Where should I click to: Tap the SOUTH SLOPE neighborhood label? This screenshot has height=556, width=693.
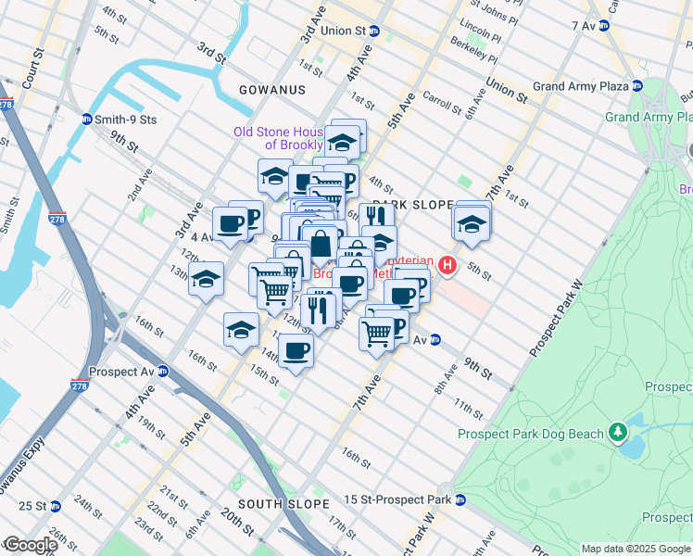click(283, 504)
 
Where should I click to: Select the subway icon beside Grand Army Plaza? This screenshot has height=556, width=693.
click(637, 86)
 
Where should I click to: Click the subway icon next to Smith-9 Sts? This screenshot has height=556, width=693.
click(87, 120)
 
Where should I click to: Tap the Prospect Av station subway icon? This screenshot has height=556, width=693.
click(163, 373)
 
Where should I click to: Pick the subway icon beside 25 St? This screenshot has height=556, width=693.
click(56, 506)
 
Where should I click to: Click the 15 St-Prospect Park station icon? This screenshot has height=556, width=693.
click(460, 500)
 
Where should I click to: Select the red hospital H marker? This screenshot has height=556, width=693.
click(448, 267)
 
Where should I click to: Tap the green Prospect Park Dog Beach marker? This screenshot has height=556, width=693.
click(616, 433)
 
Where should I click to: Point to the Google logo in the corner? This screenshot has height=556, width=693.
click(30, 545)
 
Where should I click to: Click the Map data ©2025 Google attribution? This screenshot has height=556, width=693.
click(636, 549)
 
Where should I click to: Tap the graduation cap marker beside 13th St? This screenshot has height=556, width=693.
click(206, 277)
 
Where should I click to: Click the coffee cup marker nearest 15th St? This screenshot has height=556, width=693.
click(296, 351)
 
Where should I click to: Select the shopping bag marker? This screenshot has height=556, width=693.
click(320, 246)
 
